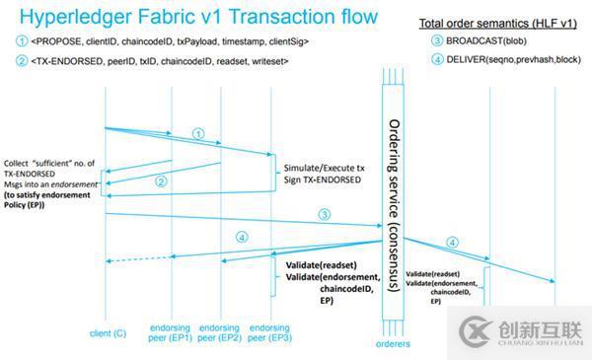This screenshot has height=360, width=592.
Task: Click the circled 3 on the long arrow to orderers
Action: (x=324, y=214)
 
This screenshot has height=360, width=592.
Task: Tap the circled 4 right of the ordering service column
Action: (x=453, y=242)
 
